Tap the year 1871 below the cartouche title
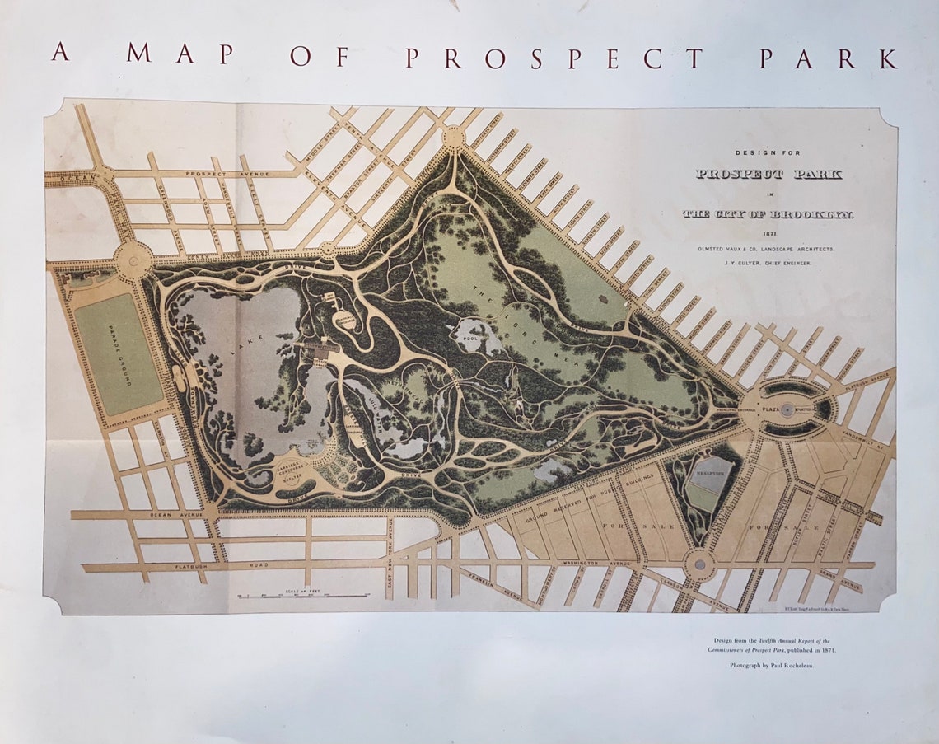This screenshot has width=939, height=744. [x=768, y=233]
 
